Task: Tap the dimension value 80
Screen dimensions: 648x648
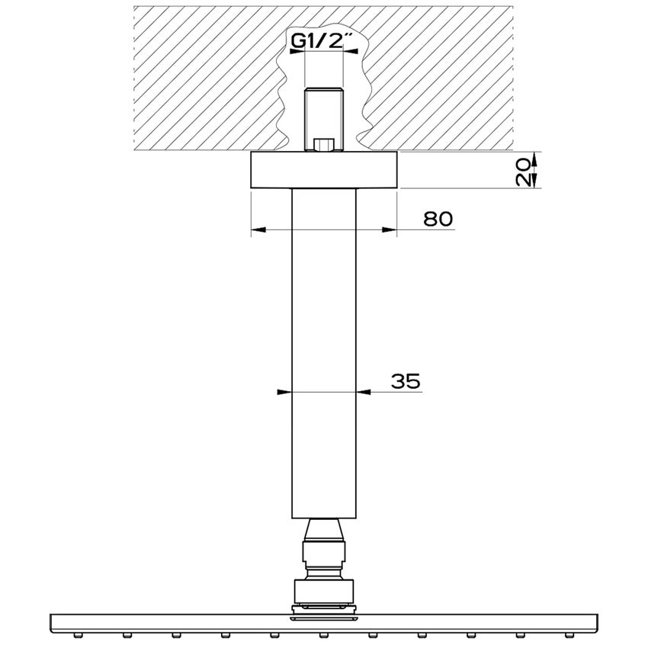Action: pos(438,219)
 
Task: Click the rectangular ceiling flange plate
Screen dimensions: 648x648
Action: pos(324,170)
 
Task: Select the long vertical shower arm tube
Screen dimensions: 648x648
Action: pos(324,351)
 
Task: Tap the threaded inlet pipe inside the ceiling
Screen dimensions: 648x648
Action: pos(324,114)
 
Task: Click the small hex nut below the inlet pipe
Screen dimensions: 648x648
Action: pos(324,144)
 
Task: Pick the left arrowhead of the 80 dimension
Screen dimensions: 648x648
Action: pos(257,229)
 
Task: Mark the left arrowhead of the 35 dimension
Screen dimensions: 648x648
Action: pos(284,393)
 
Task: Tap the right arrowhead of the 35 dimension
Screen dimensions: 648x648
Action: pos(364,393)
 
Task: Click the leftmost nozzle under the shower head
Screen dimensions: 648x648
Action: pos(77,634)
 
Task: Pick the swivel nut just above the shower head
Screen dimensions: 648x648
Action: pos(324,591)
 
